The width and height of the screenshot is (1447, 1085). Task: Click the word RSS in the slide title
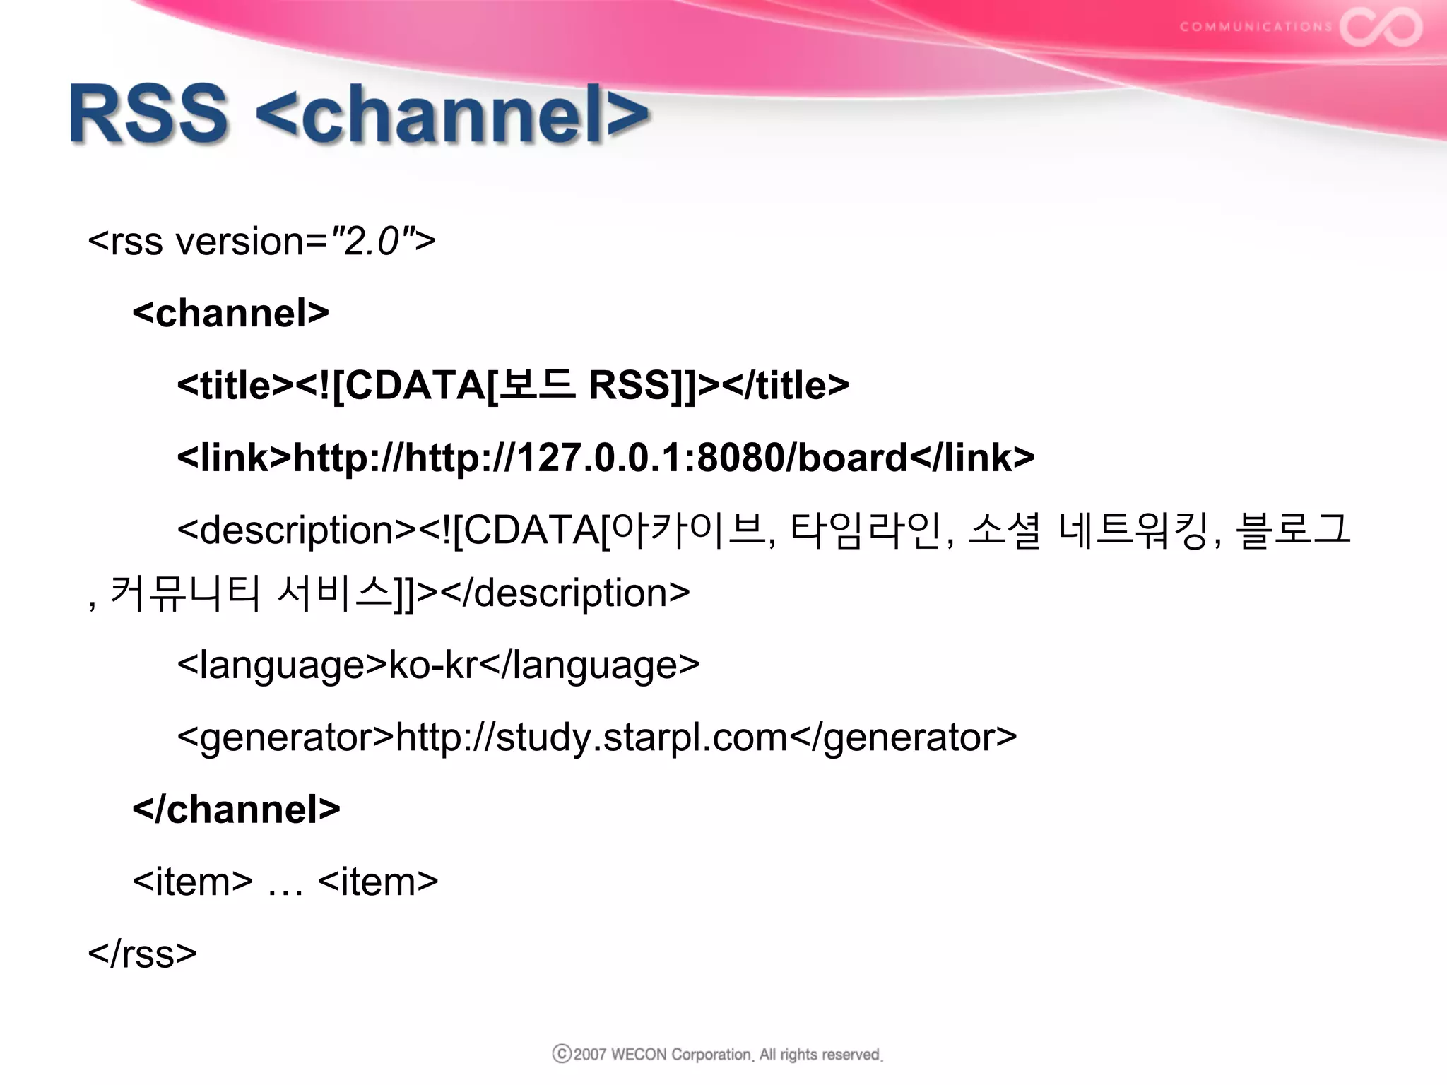click(x=148, y=114)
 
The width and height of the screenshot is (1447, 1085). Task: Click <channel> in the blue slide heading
click(x=452, y=114)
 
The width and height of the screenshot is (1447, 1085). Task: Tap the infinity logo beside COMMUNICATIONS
click(x=1381, y=27)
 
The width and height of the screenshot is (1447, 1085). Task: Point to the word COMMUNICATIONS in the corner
click(x=1256, y=27)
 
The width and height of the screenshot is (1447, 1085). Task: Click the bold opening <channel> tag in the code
click(x=230, y=313)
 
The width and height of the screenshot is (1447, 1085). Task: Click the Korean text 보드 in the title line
click(x=537, y=385)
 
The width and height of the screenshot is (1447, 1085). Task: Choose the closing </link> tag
click(x=971, y=458)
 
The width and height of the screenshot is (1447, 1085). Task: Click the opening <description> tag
click(x=297, y=530)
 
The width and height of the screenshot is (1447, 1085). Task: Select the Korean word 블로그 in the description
click(x=1293, y=530)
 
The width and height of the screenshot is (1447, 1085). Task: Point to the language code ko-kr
click(x=433, y=665)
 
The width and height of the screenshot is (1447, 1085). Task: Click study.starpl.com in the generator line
click(x=642, y=738)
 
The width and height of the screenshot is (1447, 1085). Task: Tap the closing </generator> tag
click(x=903, y=738)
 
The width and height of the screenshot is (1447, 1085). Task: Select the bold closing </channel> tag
click(x=236, y=810)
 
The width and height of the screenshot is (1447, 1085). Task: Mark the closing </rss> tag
click(x=142, y=954)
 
